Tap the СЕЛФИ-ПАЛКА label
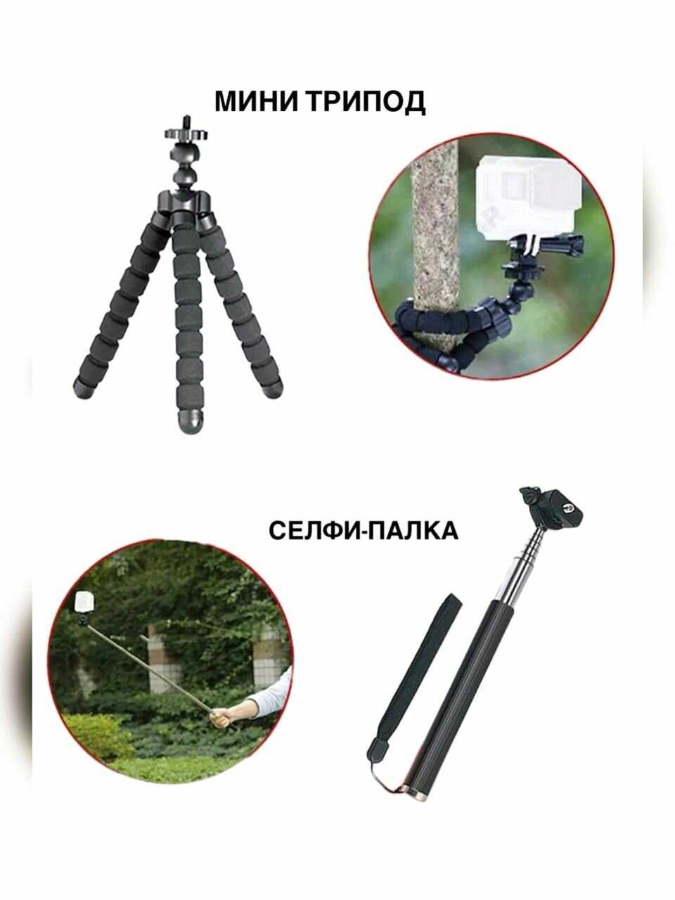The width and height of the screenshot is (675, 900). (x=364, y=531)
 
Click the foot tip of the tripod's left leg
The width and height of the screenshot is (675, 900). (x=84, y=388)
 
